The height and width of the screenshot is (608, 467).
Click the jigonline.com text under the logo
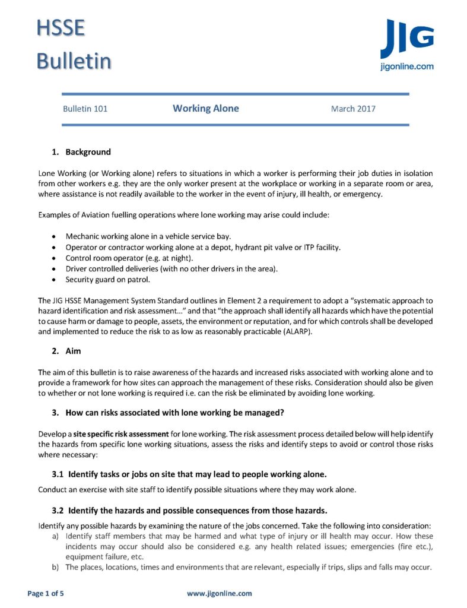406,66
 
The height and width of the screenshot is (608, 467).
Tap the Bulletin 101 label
85,109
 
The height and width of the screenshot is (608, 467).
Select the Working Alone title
206,108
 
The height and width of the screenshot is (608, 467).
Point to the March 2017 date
353,109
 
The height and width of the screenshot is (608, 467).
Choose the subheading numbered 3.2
189,510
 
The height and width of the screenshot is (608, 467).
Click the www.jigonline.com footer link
219,593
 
